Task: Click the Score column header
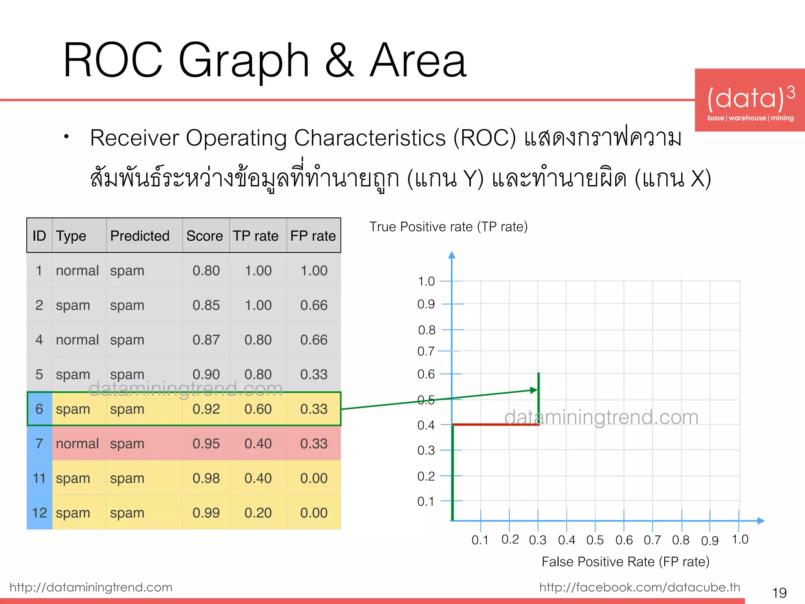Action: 204,236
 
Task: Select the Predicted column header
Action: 140,236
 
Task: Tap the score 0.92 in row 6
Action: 206,409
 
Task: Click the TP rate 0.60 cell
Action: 258,409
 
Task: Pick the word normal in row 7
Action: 77,444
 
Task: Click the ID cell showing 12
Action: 39,513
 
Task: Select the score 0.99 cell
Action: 206,513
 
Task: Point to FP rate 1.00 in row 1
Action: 314,271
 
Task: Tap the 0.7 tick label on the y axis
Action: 426,351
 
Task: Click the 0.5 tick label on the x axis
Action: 595,540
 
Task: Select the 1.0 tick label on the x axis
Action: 740,540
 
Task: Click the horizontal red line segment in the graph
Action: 495,425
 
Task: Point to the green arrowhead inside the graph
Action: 533,390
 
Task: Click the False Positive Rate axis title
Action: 625,562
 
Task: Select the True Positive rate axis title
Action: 448,227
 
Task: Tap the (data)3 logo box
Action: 750,100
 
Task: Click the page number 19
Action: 779,593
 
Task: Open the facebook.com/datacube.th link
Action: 639,587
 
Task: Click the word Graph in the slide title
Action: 244,61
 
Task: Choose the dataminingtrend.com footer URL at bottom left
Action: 91,587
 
